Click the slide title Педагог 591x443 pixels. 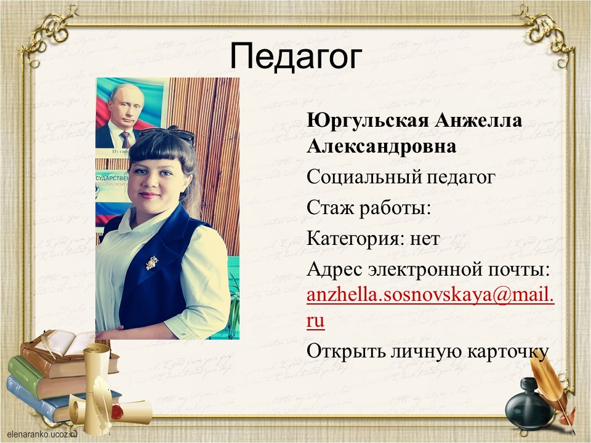(296, 57)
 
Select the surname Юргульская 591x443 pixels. (368, 121)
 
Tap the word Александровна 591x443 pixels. (382, 146)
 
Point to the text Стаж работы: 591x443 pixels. (369, 207)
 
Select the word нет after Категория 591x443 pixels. (425, 239)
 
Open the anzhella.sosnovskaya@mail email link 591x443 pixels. (430, 296)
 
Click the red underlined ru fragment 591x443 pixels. (315, 322)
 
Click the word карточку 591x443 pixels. (508, 352)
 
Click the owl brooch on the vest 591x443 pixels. (152, 262)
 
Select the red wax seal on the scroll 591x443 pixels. (118, 412)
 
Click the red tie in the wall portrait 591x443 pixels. (126, 140)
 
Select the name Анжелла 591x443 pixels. (479, 121)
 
